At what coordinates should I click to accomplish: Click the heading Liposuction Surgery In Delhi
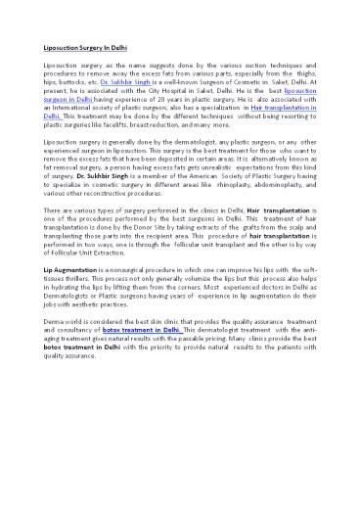tap(80, 45)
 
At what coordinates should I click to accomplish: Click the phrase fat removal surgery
tap(78, 169)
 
